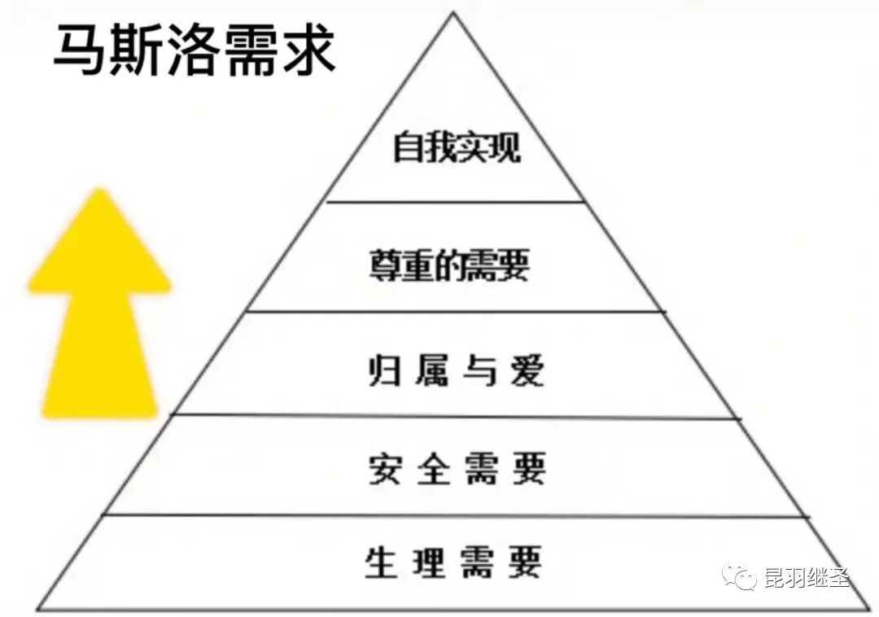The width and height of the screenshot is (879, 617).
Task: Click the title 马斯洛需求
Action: [194, 50]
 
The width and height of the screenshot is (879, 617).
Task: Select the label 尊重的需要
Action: [448, 265]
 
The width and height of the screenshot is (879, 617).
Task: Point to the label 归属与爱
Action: [453, 372]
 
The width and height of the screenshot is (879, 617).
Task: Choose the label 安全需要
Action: [456, 470]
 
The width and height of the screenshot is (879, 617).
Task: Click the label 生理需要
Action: [453, 562]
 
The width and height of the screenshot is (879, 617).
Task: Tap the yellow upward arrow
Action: [99, 305]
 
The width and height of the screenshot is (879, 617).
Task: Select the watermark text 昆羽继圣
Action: [807, 578]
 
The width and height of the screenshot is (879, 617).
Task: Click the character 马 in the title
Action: [80, 50]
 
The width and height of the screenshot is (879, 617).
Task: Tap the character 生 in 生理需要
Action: [380, 562]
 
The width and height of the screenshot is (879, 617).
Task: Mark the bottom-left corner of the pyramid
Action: [38, 609]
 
